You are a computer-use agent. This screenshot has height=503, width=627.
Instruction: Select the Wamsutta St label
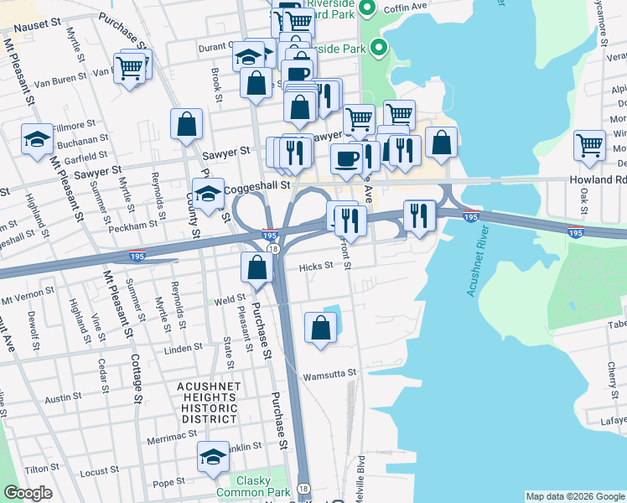[330, 373]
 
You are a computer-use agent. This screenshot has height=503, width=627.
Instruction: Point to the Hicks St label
[317, 266]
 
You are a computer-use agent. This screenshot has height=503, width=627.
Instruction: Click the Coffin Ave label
[405, 8]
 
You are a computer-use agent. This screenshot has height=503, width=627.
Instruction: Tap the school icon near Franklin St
[213, 457]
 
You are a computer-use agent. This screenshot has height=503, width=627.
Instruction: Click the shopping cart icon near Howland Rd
[589, 144]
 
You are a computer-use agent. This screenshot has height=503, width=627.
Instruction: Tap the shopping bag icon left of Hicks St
[256, 267]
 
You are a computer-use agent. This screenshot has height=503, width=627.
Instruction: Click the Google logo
[28, 493]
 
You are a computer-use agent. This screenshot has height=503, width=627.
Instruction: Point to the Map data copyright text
[574, 496]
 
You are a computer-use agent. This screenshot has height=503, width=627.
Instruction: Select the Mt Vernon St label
[27, 297]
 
